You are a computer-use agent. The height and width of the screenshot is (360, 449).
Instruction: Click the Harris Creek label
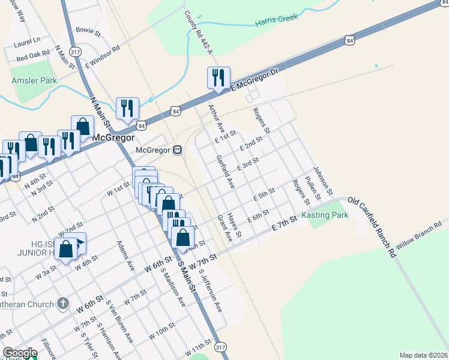276,20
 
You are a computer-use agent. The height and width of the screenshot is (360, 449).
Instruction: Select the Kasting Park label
325,215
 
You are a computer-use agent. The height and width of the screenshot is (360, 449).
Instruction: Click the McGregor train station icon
178,150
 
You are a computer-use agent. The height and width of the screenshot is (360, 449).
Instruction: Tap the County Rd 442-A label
196,26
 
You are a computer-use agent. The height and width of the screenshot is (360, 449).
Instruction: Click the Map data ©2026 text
423,355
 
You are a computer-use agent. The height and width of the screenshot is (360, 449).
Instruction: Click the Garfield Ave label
224,172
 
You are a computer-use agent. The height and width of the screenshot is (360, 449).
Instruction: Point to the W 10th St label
163,331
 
